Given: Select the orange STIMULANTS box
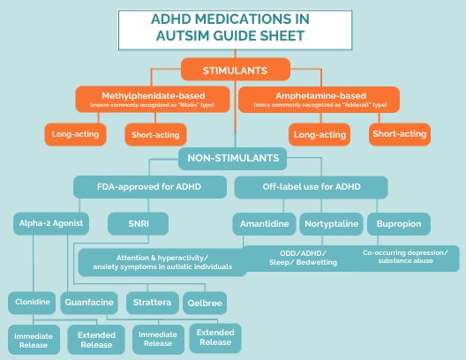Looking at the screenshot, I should [x=235, y=69].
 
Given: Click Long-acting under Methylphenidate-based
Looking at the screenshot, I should [x=74, y=134].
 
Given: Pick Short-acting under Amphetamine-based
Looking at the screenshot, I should [x=399, y=134].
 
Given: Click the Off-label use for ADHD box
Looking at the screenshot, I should [x=312, y=188].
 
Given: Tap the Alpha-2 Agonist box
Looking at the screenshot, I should [x=49, y=224].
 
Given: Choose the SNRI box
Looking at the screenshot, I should [x=137, y=224].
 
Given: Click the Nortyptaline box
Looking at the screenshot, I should [x=331, y=224].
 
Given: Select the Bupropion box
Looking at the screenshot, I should [x=397, y=224].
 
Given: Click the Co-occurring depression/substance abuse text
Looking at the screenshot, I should [x=405, y=257].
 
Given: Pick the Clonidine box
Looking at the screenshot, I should [x=32, y=303].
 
